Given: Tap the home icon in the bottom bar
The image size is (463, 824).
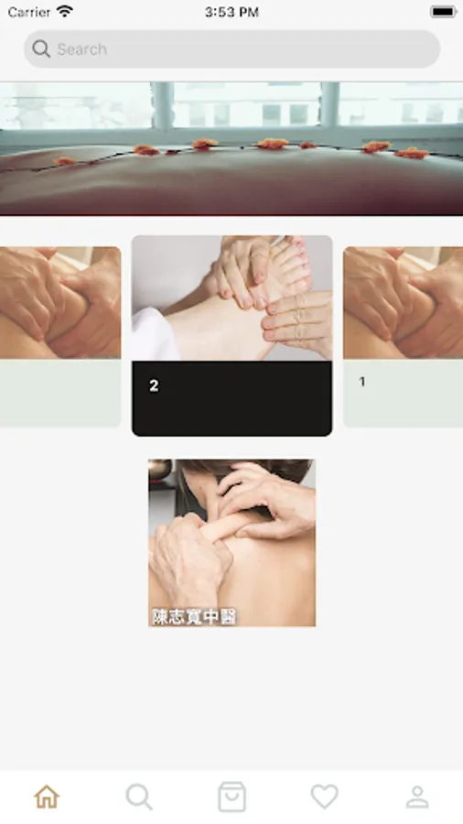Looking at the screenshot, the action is (47, 797).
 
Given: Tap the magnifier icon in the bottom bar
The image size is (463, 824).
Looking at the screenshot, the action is (139, 797).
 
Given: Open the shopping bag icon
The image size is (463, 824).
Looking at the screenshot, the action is (231, 797).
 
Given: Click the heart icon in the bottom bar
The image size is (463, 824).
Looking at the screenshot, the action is (325, 797).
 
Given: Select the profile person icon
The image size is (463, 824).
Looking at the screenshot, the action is (417, 797).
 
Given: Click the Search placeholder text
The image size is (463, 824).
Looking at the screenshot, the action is (81, 49).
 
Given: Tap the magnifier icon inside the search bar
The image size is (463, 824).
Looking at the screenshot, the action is (41, 49).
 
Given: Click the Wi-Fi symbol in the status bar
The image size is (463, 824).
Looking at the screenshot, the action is (65, 11).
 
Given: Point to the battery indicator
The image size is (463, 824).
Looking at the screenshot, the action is (444, 12).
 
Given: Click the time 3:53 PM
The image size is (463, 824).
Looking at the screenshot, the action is (231, 12).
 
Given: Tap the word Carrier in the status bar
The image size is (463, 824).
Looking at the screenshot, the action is (29, 12).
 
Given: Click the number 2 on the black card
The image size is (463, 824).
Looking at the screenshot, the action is (154, 385).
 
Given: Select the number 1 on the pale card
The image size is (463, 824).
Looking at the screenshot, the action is (361, 382).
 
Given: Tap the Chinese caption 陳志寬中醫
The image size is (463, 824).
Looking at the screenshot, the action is (194, 616).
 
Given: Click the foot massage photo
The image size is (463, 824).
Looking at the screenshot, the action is (231, 298).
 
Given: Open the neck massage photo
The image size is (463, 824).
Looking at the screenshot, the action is (231, 543).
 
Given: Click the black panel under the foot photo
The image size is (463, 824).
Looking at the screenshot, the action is (231, 398).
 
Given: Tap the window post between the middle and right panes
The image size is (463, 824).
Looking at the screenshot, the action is (329, 104).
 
